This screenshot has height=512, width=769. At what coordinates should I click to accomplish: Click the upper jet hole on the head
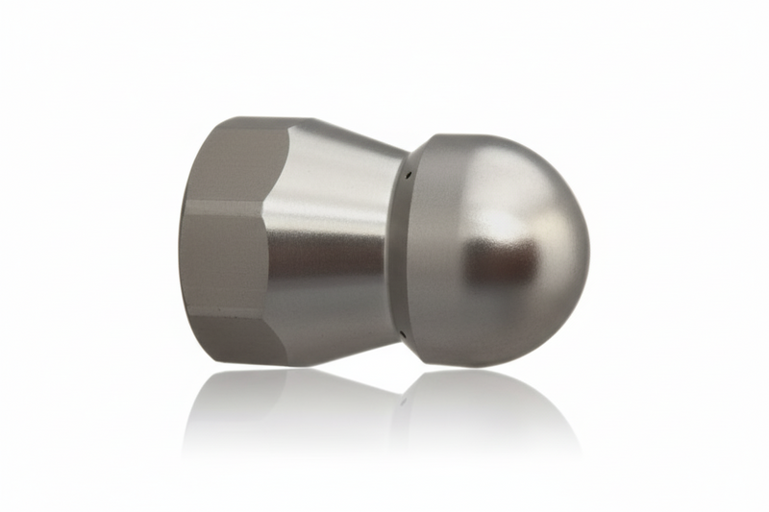(408, 176)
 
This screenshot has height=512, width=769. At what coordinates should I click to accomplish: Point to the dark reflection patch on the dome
(495, 264)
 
